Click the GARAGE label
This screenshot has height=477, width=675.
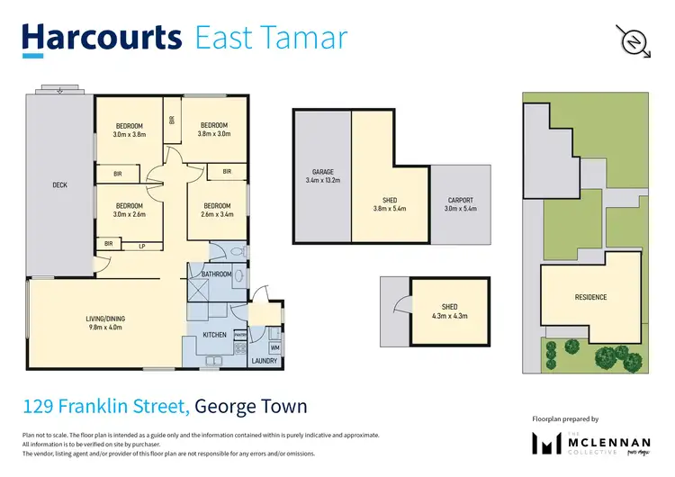[322, 176]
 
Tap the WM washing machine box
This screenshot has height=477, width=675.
[274, 346]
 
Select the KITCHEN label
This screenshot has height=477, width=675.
[214, 335]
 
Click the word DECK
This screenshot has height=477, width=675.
[60, 185]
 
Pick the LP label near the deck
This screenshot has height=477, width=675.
[141, 244]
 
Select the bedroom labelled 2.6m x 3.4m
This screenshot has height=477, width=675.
[217, 210]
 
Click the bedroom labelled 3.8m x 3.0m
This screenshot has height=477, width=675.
[213, 130]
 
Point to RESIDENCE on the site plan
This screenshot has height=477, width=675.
[590, 297]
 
